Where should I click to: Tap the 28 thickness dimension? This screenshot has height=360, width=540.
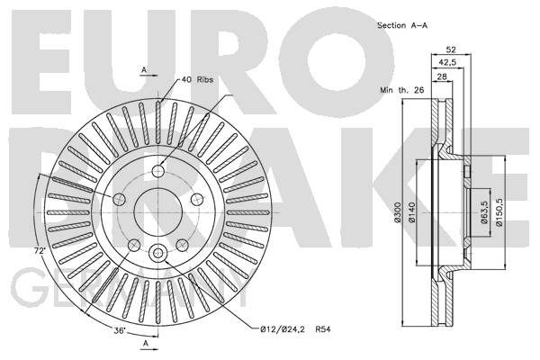(441, 77)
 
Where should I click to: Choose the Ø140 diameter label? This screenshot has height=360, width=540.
(412, 213)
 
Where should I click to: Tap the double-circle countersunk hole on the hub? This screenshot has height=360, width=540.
(159, 254)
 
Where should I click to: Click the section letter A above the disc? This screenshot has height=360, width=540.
(144, 68)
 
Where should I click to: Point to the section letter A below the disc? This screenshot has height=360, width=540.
(144, 344)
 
